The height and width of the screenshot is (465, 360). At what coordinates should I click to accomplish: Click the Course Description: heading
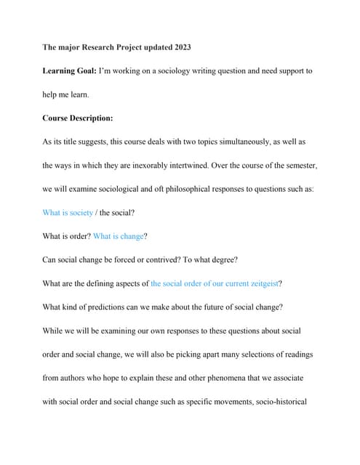[78, 118]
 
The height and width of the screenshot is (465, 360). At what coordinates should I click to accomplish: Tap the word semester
[297, 166]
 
